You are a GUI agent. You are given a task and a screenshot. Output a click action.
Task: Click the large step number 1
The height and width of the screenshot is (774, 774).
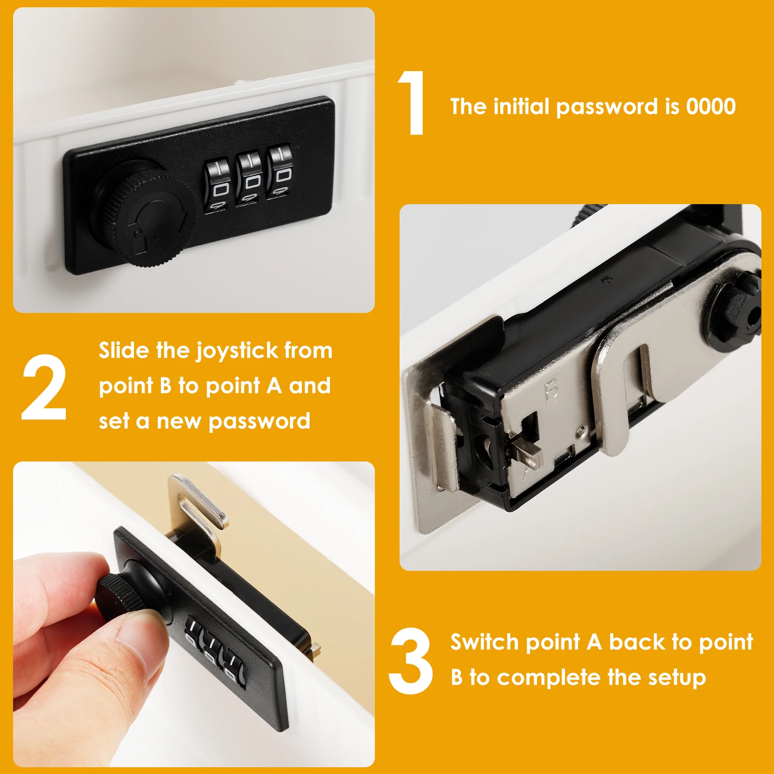click(412, 103)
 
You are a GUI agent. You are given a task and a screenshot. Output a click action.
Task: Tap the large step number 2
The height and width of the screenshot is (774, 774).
click(44, 387)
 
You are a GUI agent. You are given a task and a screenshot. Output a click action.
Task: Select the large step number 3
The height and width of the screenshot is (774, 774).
click(411, 661)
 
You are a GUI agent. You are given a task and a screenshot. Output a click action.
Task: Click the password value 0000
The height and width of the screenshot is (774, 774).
click(711, 106)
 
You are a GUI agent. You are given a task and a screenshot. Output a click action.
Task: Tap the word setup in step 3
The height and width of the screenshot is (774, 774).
click(677, 677)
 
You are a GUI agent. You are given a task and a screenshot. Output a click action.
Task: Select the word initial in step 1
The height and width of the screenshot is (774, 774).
click(521, 106)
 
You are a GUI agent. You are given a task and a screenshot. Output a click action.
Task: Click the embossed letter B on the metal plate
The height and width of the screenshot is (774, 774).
click(551, 391)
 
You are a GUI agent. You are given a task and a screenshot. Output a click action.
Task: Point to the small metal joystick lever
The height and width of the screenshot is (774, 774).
click(526, 453)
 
